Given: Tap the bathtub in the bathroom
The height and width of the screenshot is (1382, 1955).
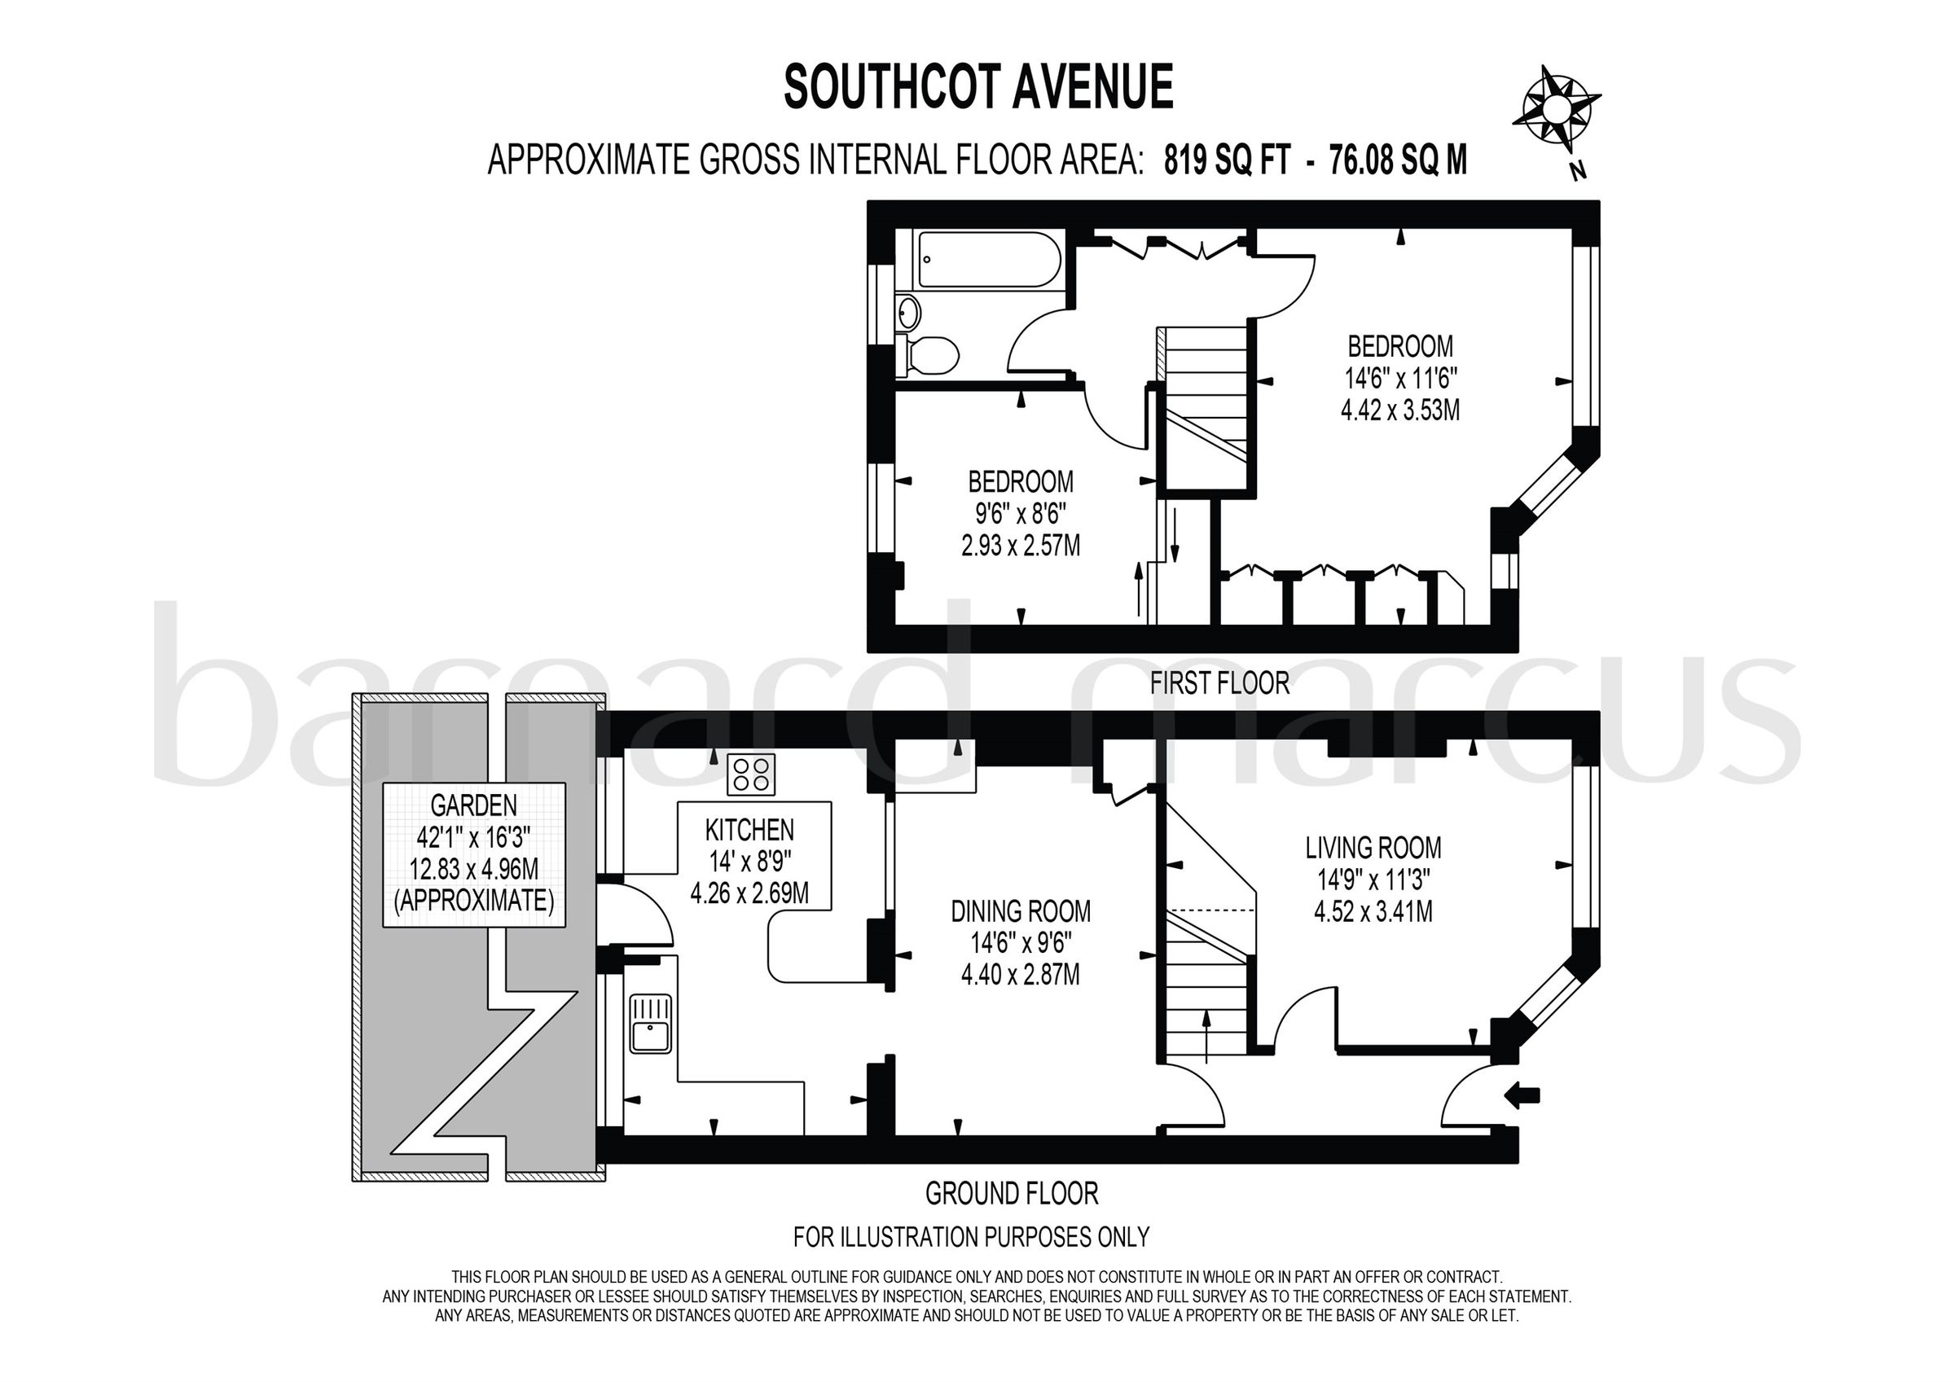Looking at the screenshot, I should tap(988, 259).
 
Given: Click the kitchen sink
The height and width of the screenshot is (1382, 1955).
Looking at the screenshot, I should tap(651, 1024).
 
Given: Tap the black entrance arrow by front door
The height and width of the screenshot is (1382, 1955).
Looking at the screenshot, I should tap(1522, 1096).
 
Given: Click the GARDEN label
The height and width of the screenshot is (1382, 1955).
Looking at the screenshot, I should tap(473, 805).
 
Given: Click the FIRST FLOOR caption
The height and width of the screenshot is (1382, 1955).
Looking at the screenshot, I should tap(1219, 683).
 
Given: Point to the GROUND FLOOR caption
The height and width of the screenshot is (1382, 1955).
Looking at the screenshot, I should tap(1012, 1194).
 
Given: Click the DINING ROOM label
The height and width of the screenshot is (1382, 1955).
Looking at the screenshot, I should tap(1020, 911).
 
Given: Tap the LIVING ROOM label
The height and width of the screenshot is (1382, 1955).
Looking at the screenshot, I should tap(1373, 847).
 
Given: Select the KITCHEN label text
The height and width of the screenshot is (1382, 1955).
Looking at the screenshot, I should tap(749, 829).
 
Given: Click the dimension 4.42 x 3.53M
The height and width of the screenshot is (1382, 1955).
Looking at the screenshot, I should tap(1399, 410).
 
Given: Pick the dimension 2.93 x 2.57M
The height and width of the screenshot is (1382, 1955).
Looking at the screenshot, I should tap(1020, 546).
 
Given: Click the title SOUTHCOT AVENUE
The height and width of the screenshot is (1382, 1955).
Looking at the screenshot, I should tap(978, 87).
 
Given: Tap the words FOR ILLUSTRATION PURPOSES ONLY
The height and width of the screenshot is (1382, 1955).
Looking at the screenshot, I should tap(971, 1236).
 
